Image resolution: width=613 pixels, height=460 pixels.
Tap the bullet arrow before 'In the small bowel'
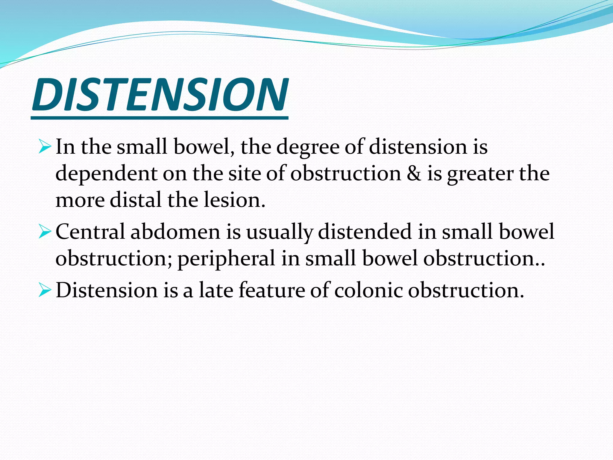coord(45,147)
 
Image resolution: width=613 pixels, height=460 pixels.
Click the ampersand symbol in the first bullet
coord(414,174)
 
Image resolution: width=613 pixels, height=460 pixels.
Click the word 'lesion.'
coord(234,200)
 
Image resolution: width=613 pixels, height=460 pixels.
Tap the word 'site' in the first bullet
coord(244,174)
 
